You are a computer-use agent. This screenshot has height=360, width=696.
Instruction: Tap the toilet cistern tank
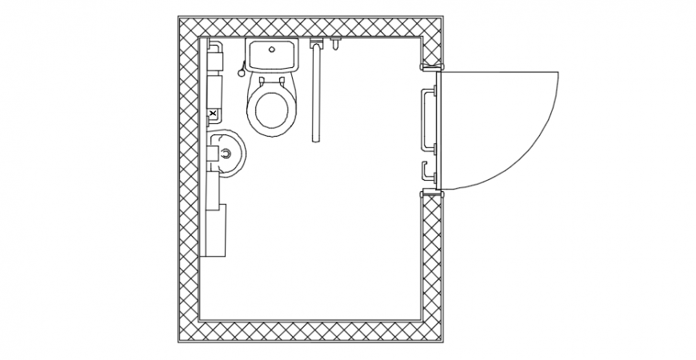point(272,56)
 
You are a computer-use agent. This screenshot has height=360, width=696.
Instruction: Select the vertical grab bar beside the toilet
point(315,92)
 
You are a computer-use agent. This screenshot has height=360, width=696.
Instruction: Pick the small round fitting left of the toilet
point(241,70)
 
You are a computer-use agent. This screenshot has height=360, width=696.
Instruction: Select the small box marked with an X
point(213,114)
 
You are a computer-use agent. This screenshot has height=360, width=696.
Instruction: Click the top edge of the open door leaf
point(496,72)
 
